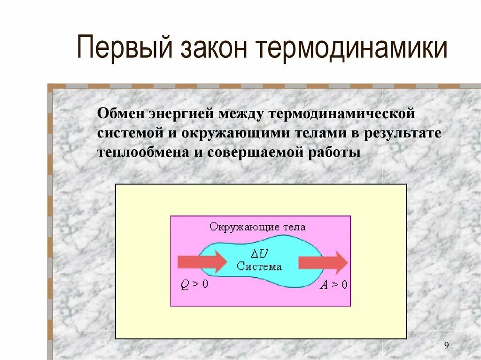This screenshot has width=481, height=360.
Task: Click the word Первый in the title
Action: (x=120, y=49)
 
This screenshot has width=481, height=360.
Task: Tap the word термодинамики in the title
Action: (x=352, y=49)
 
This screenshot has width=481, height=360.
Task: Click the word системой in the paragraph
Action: (x=130, y=133)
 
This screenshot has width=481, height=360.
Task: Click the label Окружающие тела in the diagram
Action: (x=257, y=227)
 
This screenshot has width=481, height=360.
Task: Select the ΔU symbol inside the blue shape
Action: (x=259, y=253)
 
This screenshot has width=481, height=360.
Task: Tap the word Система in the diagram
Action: (x=259, y=267)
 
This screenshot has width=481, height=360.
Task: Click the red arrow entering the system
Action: (x=202, y=262)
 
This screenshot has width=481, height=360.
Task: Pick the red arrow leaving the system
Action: (x=323, y=262)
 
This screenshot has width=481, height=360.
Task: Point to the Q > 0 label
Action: (x=194, y=285)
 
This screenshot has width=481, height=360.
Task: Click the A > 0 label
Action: (x=334, y=285)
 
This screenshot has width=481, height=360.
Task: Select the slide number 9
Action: (x=446, y=346)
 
